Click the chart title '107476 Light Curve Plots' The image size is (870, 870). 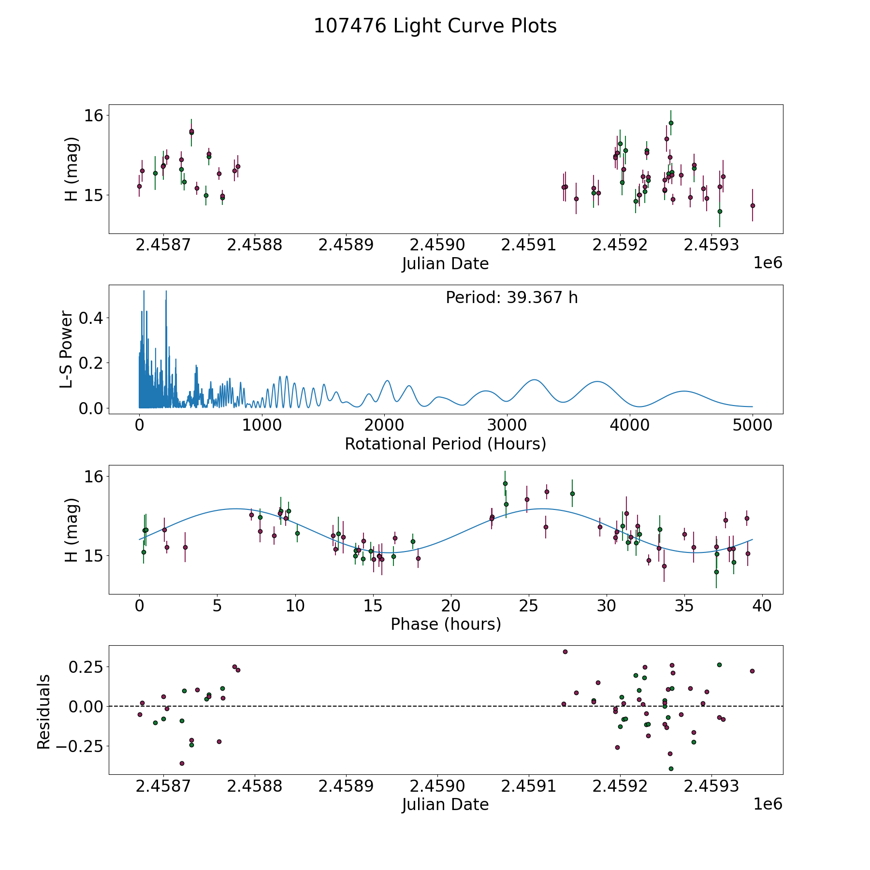[x=435, y=26]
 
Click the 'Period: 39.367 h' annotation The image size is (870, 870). [x=511, y=298]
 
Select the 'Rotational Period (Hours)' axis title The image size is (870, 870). [x=445, y=444]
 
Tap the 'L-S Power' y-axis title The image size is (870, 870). [x=66, y=349]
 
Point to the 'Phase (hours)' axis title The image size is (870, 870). [x=446, y=624]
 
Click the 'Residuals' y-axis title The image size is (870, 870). [x=43, y=711]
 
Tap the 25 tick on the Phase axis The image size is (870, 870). [x=529, y=606]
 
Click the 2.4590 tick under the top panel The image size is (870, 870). [x=437, y=245]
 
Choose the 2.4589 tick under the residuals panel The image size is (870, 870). [x=346, y=786]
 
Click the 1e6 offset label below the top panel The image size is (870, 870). [x=768, y=263]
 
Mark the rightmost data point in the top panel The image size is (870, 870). [x=753, y=205]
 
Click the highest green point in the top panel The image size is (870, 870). [x=671, y=123]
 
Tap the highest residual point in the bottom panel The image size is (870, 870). [x=565, y=652]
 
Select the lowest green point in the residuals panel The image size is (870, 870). [x=671, y=768]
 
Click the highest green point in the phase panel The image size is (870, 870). [x=505, y=483]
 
